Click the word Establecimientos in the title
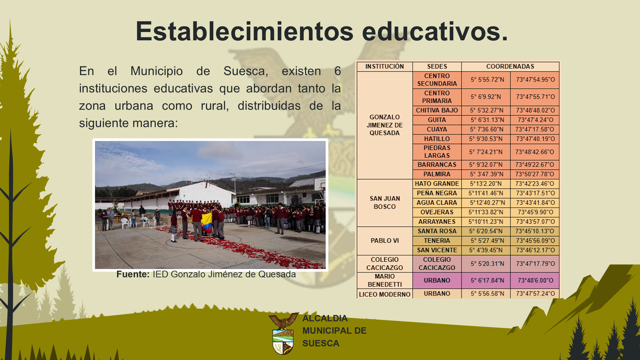click(244, 31)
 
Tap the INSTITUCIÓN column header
click(385, 66)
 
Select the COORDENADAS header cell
click(510, 66)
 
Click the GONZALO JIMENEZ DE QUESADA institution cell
click(385, 125)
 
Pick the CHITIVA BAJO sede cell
click(437, 110)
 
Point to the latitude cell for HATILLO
click(486, 139)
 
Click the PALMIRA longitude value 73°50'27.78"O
click(535, 174)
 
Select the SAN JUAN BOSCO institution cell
click(385, 203)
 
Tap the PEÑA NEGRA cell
click(437, 193)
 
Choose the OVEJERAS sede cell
click(437, 212)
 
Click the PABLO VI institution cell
click(385, 241)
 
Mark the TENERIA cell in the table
click(437, 241)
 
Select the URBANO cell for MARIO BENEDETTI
click(437, 280)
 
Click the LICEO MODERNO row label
click(385, 294)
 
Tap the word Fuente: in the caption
click(133, 274)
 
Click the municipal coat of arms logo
click(283, 333)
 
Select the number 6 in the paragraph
click(338, 71)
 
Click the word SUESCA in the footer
click(321, 343)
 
